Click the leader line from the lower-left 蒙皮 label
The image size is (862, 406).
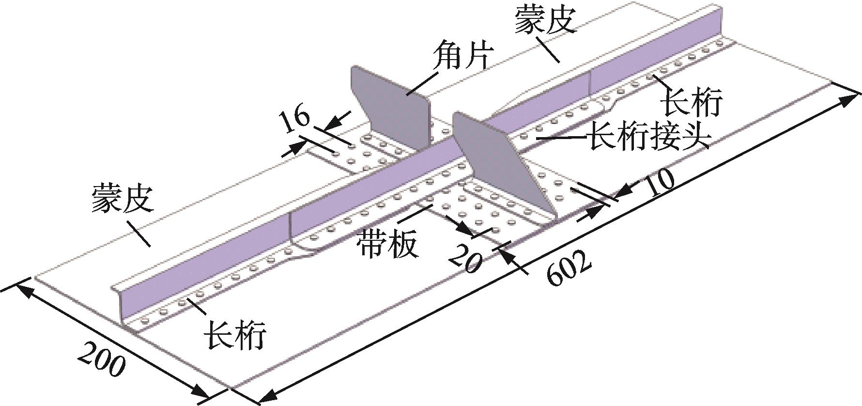[x=139, y=234]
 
